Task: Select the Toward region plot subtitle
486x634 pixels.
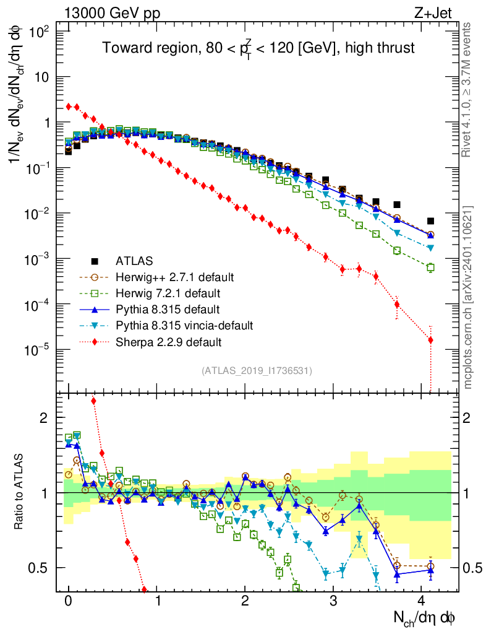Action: point(258,48)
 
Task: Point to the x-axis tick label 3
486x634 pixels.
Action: point(333,601)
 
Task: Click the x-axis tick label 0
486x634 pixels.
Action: point(69,601)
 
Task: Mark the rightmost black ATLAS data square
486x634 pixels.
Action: point(430,221)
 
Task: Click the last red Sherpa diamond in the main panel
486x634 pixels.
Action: point(430,340)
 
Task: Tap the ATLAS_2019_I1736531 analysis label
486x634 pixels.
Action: point(257,371)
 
